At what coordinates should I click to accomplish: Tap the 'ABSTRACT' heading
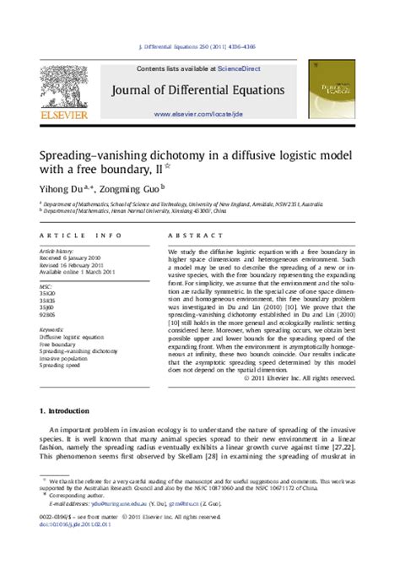pyautogui.click(x=195, y=236)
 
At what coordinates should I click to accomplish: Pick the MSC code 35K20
pyautogui.click(x=49, y=292)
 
